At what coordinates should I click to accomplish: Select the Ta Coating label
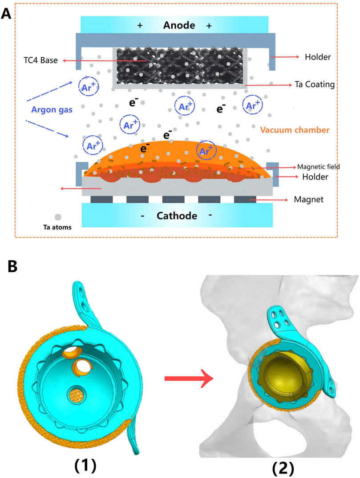(x=314, y=84)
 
